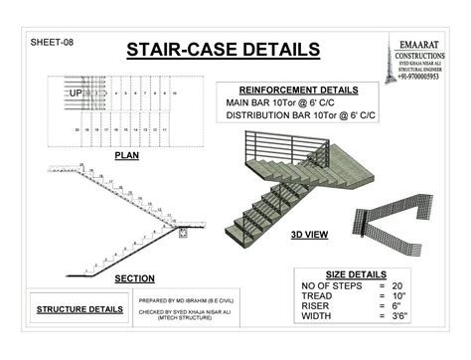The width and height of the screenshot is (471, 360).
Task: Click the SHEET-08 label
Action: pyautogui.click(x=52, y=43)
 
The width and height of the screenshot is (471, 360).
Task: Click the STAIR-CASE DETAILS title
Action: pyautogui.click(x=223, y=49)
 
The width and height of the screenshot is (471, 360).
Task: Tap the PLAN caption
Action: pyautogui.click(x=126, y=156)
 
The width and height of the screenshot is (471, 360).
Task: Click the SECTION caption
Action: pyautogui.click(x=134, y=278)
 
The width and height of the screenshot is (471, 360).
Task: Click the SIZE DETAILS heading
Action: pyautogui.click(x=356, y=273)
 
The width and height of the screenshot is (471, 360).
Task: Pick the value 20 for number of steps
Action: pyautogui.click(x=396, y=285)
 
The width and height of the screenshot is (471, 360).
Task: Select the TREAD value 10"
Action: pyautogui.click(x=397, y=296)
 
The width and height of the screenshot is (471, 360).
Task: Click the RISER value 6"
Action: pyautogui.click(x=395, y=307)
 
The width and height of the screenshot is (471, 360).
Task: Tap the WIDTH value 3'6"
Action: pyautogui.click(x=398, y=318)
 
